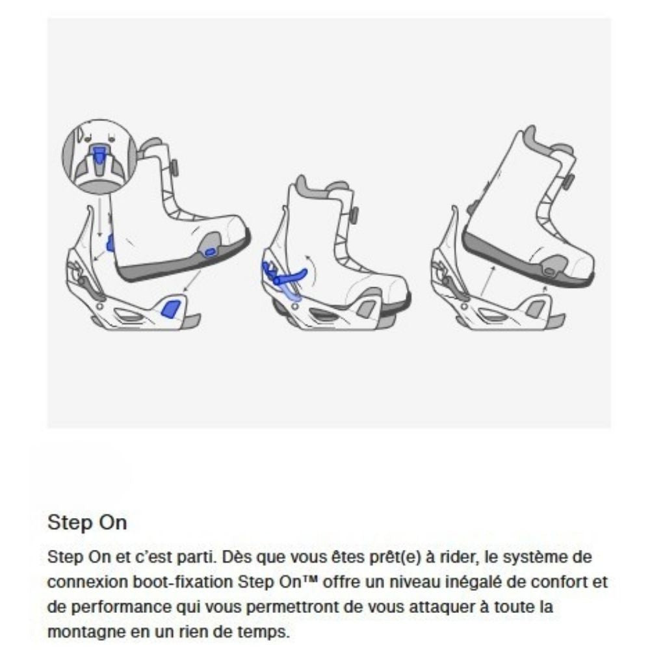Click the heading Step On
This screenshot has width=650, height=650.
coord(87,522)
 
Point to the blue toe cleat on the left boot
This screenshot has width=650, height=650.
coord(209,252)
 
